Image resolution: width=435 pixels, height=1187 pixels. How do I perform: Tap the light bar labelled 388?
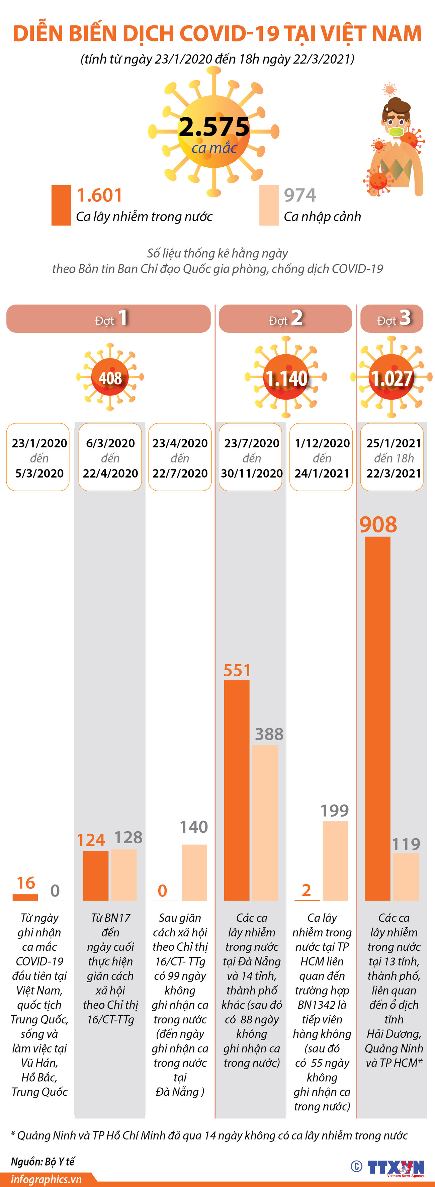point(265,823)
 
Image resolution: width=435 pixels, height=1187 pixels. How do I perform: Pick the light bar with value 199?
point(335,860)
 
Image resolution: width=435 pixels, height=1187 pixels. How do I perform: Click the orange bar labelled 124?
point(96,875)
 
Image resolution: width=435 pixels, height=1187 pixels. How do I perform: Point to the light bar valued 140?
point(194,872)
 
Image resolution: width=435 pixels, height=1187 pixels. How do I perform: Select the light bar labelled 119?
point(406,876)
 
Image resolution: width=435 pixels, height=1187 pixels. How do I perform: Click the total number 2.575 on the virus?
point(214,127)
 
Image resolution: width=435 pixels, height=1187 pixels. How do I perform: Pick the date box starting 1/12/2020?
point(321,457)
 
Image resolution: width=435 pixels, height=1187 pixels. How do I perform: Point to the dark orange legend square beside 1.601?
point(61,205)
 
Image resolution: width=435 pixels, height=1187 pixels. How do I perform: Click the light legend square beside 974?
point(269,205)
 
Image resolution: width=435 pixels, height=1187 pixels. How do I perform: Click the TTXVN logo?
point(396,1167)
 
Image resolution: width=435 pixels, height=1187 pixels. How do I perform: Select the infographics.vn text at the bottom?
point(46,1179)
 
